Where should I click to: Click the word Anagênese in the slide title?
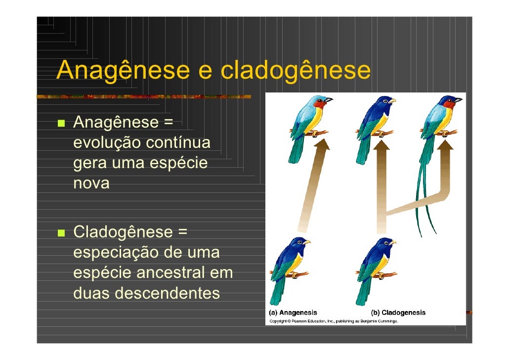121,71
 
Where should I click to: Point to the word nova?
91,183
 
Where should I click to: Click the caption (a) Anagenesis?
293,313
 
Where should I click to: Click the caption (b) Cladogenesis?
398,313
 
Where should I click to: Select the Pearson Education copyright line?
334,321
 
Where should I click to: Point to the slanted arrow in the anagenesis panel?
311,188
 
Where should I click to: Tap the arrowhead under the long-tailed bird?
445,145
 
